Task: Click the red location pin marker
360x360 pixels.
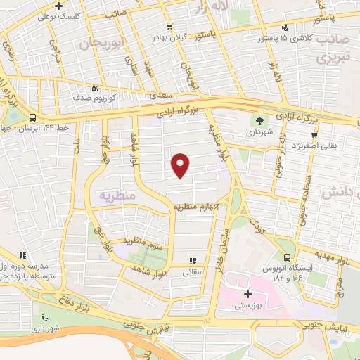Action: tap(181, 165)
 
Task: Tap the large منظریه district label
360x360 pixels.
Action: tap(117, 193)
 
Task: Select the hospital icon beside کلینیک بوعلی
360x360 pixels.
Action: tap(58, 6)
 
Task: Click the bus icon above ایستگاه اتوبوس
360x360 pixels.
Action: tap(286, 257)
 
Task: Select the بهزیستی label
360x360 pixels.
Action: tap(248, 304)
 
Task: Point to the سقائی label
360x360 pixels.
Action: tap(193, 271)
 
